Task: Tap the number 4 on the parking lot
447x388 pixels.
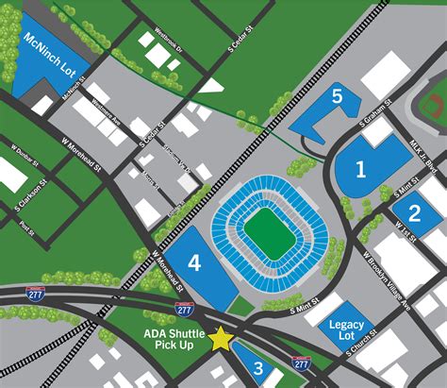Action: point(193,263)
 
